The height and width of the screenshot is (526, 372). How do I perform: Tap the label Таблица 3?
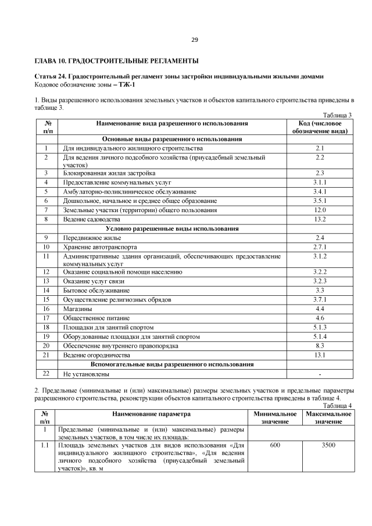pos(338,114)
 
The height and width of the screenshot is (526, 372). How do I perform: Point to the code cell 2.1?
pos(320,149)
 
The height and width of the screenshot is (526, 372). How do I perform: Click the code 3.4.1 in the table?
pos(320,191)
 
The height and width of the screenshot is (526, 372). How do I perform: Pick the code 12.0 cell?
pos(320,210)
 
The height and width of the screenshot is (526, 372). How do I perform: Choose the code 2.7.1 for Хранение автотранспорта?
pos(320,246)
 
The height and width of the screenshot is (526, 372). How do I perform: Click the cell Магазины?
pos(78,309)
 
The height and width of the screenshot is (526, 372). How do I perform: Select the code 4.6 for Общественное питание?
pos(320,318)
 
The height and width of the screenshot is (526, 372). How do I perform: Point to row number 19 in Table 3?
pos(45,337)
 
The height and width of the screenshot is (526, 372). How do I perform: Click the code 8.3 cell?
pos(320,346)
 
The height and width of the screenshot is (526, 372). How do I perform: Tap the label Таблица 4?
pos(338,406)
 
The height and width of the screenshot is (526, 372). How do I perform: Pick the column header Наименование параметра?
pos(152,414)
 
